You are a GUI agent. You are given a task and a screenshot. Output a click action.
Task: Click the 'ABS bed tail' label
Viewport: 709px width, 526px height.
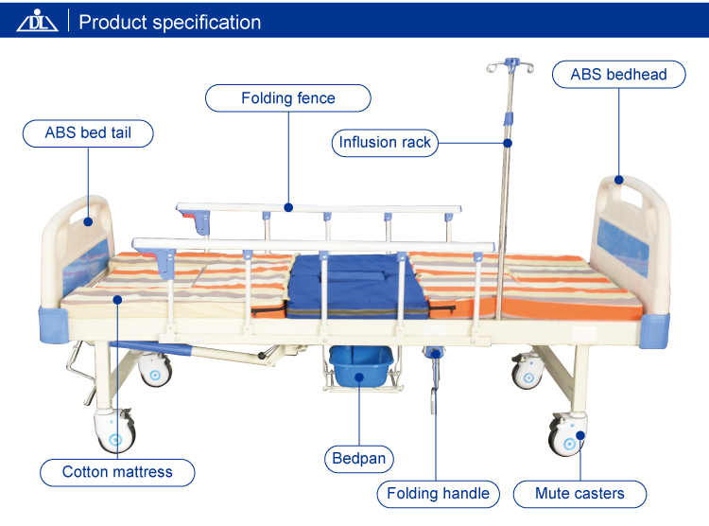(x=88, y=133)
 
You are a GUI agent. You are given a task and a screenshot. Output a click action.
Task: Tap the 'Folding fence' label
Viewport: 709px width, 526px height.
(x=287, y=98)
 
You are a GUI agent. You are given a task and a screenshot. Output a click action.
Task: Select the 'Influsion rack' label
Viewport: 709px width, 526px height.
(x=385, y=143)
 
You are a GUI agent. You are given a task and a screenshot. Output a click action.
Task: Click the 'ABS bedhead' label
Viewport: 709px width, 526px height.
(x=618, y=75)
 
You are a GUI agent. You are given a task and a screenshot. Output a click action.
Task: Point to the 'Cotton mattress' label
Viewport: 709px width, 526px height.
(x=117, y=472)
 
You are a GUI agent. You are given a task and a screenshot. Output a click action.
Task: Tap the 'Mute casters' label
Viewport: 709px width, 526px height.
(x=579, y=493)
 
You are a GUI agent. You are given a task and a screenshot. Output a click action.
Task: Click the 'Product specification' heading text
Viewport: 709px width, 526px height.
(x=170, y=22)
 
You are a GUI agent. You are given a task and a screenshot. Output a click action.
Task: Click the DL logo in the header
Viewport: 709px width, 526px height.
(x=37, y=21)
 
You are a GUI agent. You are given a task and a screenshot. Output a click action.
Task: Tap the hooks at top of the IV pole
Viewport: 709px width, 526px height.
(x=509, y=69)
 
